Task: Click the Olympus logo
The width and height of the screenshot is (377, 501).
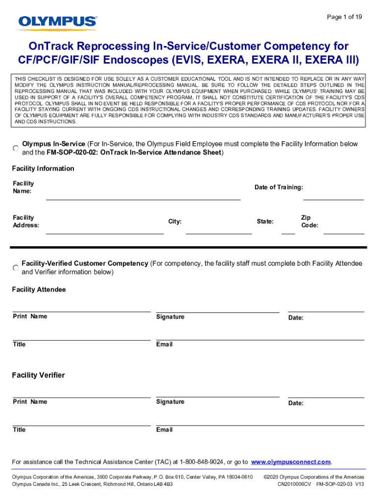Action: [58, 22]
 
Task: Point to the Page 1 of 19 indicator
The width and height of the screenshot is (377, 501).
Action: [344, 17]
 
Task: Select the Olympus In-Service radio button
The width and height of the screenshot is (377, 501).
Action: [16, 148]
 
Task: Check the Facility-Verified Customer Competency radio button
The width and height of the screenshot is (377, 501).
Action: [16, 268]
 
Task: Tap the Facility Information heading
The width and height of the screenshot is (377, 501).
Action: [43, 168]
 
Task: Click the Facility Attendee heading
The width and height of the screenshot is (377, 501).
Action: [39, 290]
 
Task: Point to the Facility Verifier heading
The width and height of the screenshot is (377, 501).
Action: [38, 375]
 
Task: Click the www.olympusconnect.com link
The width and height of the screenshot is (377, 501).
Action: [291, 462]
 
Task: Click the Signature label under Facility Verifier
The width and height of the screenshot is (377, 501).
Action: [170, 402]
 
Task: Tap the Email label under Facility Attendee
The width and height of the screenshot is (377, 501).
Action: [165, 344]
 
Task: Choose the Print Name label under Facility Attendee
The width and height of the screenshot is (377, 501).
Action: [30, 317]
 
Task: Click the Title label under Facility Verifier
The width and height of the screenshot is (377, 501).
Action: [19, 430]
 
